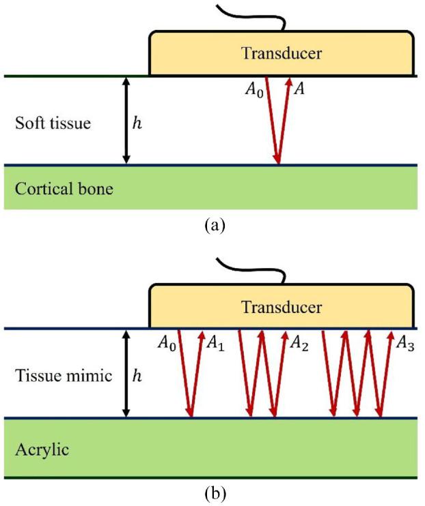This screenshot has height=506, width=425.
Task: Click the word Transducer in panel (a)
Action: (281, 53)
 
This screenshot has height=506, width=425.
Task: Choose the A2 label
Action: (299, 343)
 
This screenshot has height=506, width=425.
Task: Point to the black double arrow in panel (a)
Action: (125, 121)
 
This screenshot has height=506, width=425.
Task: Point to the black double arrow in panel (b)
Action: (125, 373)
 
